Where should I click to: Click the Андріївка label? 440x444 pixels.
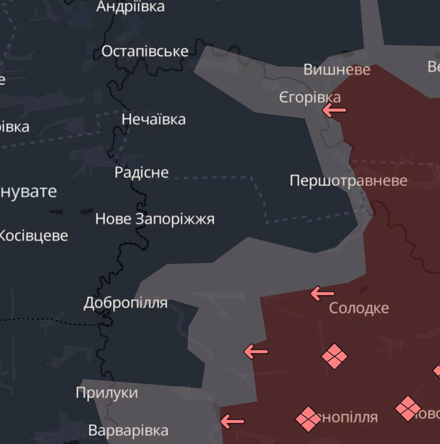click(x=130, y=7)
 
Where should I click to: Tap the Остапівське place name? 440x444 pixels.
click(x=145, y=51)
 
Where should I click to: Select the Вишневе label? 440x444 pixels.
click(x=337, y=70)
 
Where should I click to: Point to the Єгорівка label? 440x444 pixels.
click(x=310, y=97)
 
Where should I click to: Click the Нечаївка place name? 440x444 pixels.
click(x=153, y=119)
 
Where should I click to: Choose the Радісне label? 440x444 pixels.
click(x=142, y=172)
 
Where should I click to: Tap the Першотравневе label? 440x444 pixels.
click(x=348, y=181)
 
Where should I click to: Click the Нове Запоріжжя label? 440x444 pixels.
click(x=155, y=219)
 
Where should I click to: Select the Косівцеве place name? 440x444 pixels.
click(x=33, y=236)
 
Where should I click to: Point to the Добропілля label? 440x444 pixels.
click(x=125, y=303)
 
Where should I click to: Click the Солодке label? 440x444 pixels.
click(x=359, y=308)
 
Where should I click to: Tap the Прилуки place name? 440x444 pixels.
click(x=107, y=393)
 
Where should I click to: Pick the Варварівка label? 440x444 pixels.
click(x=128, y=430)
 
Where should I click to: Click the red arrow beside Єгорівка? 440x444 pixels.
click(x=334, y=110)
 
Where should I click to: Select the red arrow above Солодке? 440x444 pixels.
click(x=322, y=294)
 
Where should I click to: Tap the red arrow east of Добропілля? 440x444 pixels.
click(x=256, y=351)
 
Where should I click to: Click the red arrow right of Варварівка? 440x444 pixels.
click(x=232, y=421)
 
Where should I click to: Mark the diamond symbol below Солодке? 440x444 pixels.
click(x=334, y=356)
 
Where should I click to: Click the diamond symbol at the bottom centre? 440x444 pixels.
click(x=308, y=419)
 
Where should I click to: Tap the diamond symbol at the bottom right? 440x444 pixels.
click(x=408, y=408)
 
